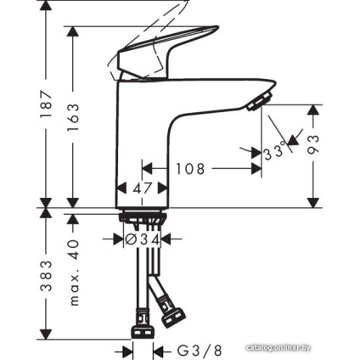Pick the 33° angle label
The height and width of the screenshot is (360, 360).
pos(273,154)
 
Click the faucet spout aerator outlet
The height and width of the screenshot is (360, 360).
pos(256,104)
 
